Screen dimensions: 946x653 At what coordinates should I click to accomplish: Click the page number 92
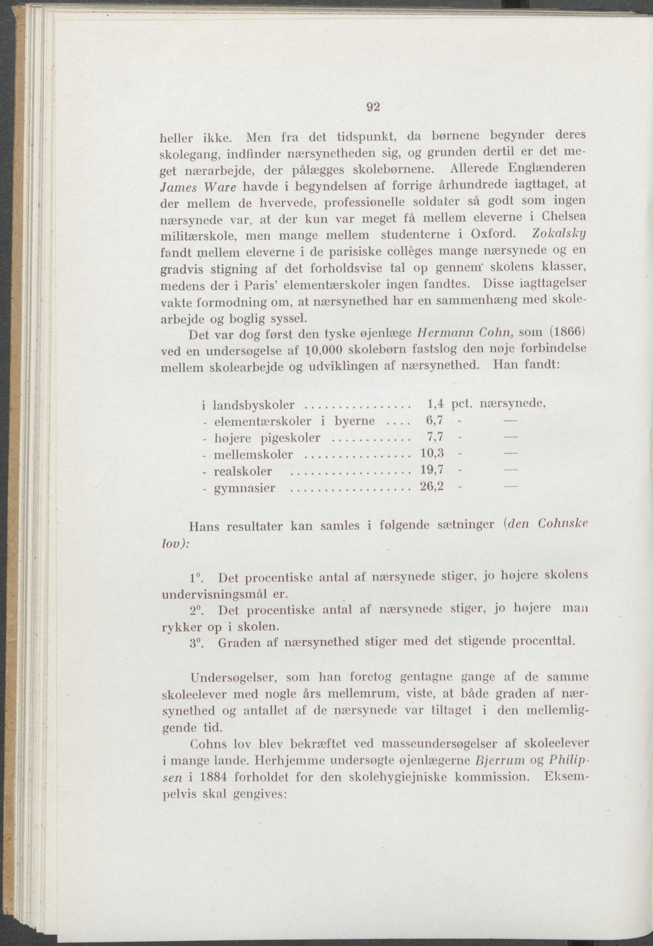click(x=373, y=107)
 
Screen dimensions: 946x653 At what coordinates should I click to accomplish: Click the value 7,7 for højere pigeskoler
click(x=435, y=437)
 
